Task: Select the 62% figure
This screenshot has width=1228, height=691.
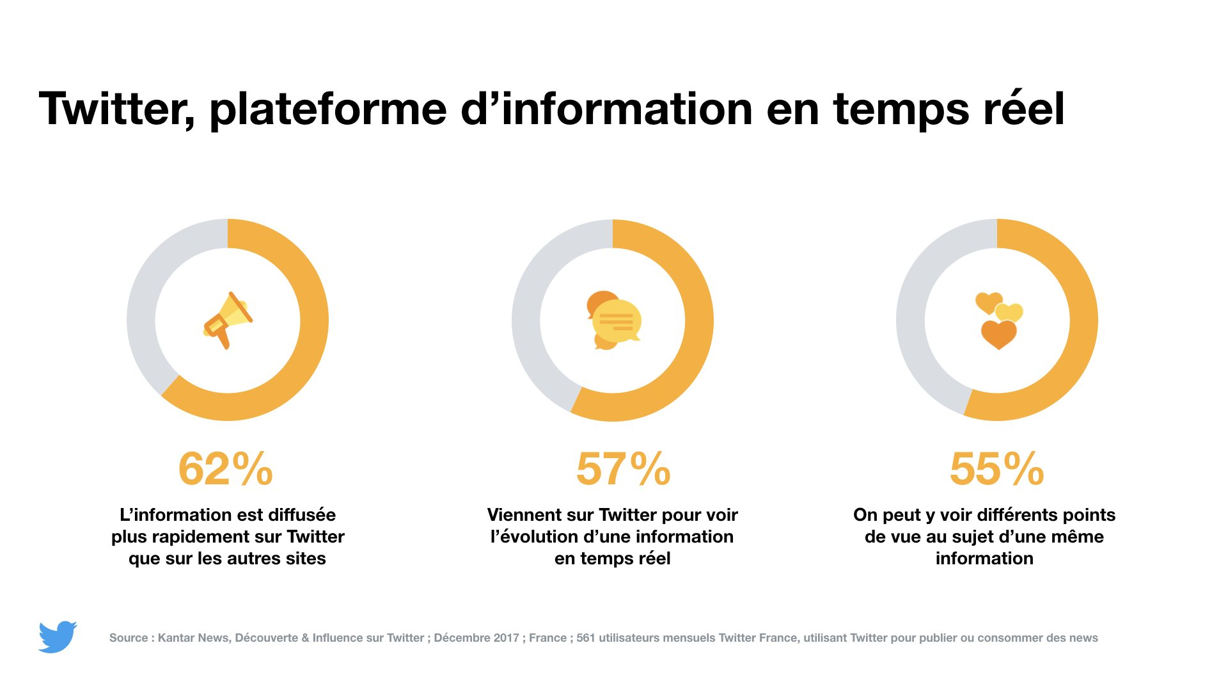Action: pos(226,469)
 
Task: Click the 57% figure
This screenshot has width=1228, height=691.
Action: pos(624,469)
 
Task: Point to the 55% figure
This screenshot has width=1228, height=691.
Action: pos(997,469)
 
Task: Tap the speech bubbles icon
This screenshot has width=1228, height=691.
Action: pos(613,320)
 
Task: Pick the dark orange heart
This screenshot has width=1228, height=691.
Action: pos(998,334)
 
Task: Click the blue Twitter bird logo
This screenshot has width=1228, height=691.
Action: pos(58,637)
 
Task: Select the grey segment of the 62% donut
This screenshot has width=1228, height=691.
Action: pos(144,301)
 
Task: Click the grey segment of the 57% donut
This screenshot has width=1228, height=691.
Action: pos(528,301)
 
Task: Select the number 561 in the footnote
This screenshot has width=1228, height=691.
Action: pos(585,638)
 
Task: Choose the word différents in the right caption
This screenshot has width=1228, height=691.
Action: pos(980,515)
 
